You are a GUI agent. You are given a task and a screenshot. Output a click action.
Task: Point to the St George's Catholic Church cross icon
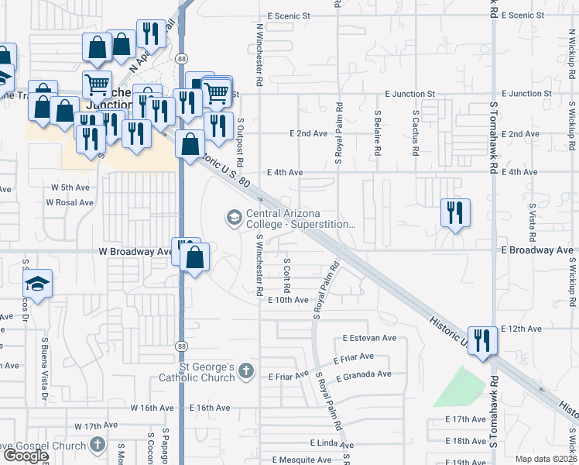[x=246, y=371]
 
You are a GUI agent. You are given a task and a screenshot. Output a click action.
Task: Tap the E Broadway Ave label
[x=538, y=250]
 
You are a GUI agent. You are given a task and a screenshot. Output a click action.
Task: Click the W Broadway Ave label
[x=136, y=252]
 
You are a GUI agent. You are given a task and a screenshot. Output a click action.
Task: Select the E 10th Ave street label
[x=288, y=300]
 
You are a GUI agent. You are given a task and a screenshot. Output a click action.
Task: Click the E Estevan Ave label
[x=369, y=338]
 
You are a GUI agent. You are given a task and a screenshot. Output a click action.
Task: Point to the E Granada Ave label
[x=364, y=374]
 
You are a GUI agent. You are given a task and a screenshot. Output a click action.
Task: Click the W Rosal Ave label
[x=70, y=202]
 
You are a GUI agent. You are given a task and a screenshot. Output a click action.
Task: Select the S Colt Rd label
[x=287, y=270]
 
